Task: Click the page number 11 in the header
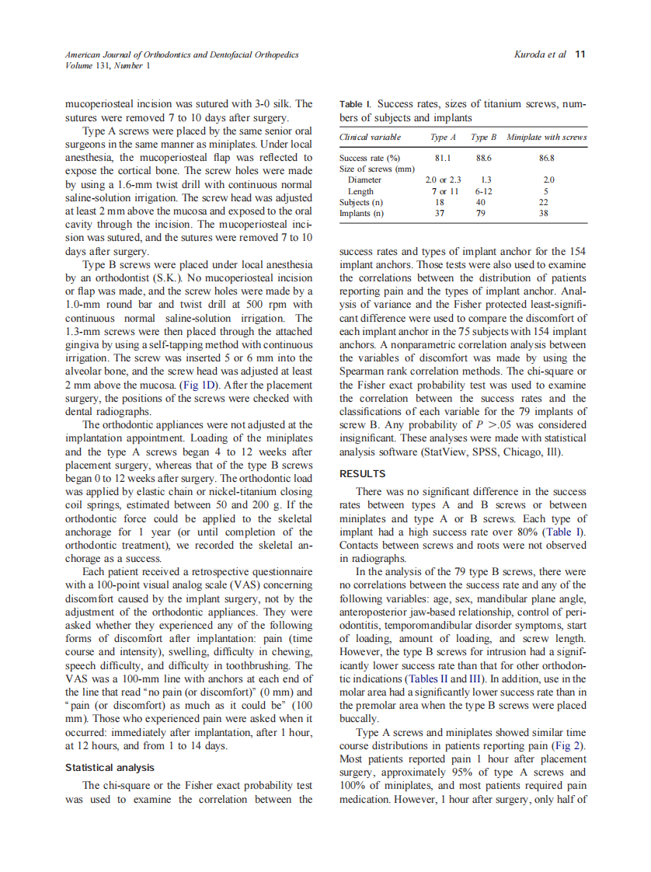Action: click(580, 54)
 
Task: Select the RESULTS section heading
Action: click(362, 473)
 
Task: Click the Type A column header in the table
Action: click(443, 138)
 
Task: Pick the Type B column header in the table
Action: click(483, 138)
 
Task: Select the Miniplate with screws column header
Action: click(547, 138)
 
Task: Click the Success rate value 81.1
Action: click(443, 158)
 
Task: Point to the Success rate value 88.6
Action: click(483, 158)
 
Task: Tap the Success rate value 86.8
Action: click(547, 158)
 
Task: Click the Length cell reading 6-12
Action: click(483, 191)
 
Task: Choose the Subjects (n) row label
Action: click(360, 202)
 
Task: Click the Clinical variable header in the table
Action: click(371, 138)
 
